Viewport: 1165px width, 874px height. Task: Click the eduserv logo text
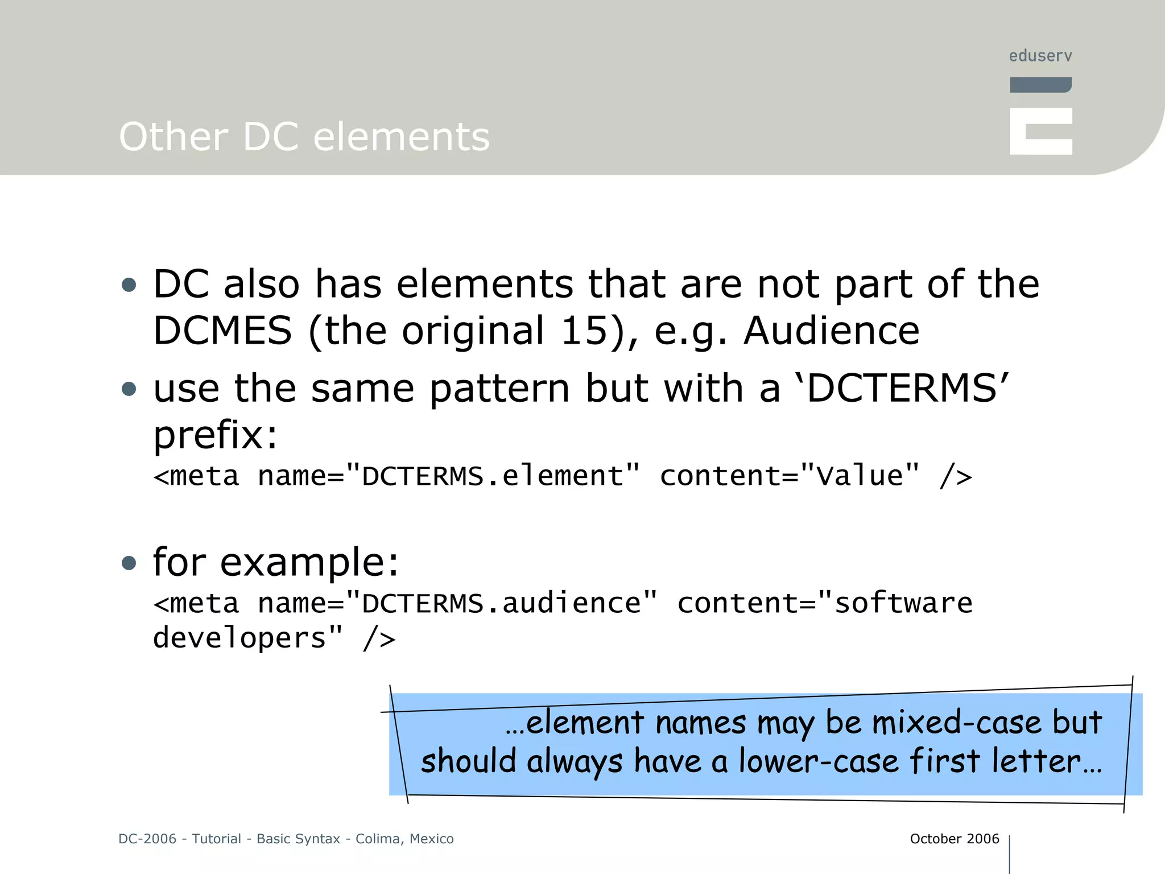(1040, 56)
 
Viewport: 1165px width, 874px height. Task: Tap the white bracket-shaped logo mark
(1040, 131)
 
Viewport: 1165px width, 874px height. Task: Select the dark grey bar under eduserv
(1040, 85)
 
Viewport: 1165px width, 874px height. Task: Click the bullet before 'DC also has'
(129, 285)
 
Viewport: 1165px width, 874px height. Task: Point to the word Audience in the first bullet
(831, 331)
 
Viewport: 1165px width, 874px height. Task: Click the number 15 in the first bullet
(584, 331)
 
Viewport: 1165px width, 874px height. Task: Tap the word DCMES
(222, 331)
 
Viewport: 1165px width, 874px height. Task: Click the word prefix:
(216, 435)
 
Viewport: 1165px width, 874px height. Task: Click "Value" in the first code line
(859, 476)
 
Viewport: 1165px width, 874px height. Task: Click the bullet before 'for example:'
(129, 563)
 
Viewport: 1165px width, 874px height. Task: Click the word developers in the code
(239, 638)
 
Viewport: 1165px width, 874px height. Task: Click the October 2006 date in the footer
(954, 839)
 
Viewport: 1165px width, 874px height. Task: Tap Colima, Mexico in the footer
(404, 839)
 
